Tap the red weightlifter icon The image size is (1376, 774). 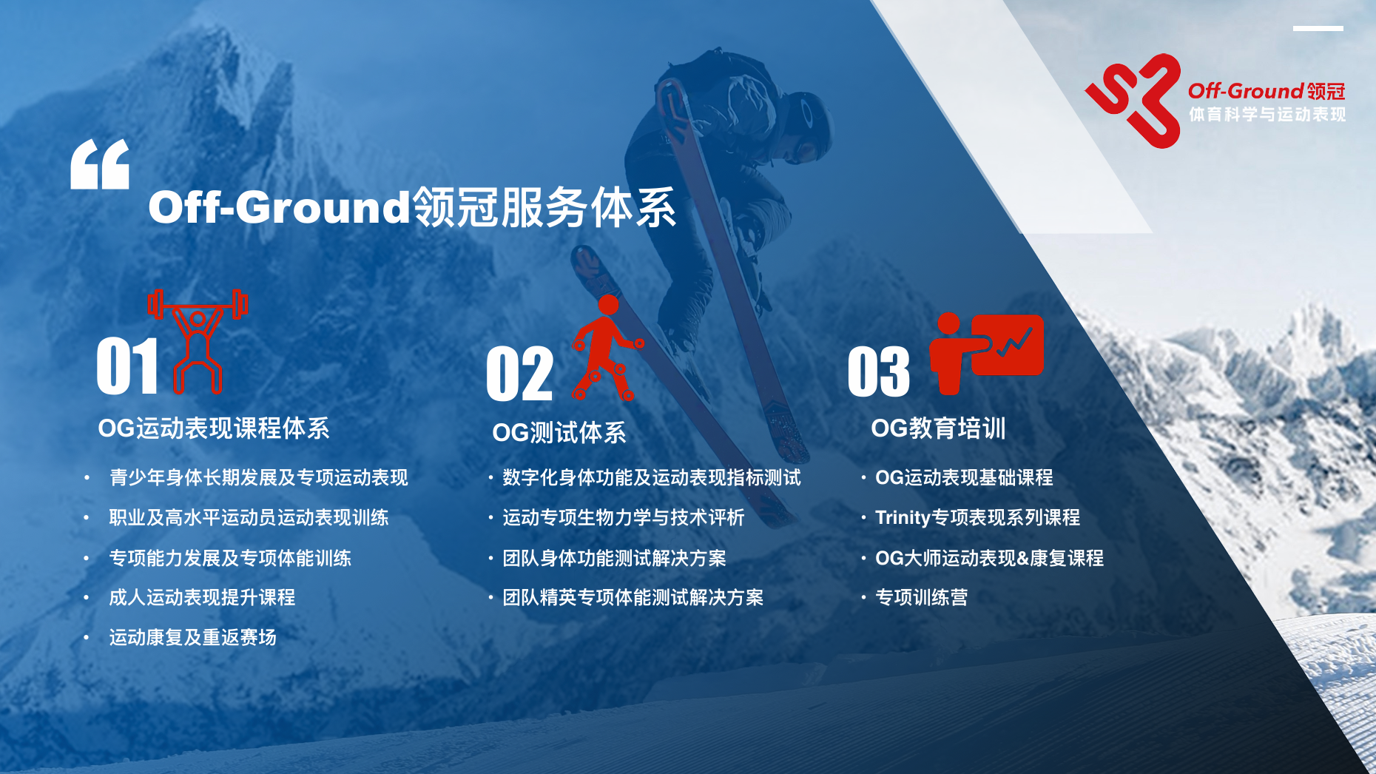pos(198,341)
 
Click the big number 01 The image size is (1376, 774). pos(127,366)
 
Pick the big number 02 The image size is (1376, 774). pos(519,374)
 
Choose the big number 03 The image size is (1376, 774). pos(879,371)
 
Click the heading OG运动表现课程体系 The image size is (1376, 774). pos(214,428)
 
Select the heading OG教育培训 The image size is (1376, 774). pos(939,428)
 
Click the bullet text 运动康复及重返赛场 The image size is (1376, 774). pos(193,637)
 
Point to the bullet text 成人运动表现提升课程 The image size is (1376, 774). pos(202,597)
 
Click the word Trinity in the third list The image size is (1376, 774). pos(903,517)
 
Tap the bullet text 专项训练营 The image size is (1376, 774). pos(922,597)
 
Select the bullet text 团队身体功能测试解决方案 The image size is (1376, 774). pos(615,558)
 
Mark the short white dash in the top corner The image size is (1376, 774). pos(1318,29)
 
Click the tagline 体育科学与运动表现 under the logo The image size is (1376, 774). pos(1267,115)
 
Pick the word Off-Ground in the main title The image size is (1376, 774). pos(280,207)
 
